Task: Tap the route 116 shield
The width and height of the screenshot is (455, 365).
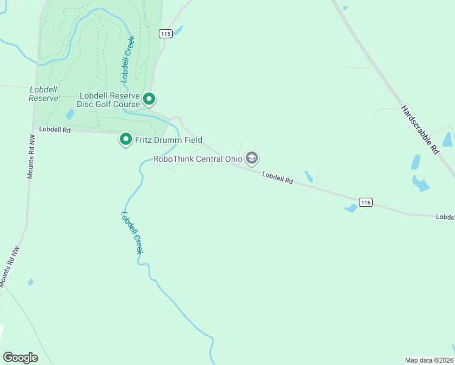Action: click(365, 203)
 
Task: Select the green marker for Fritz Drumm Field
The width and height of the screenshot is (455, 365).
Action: click(126, 140)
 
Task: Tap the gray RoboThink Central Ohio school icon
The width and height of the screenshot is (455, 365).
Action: click(252, 159)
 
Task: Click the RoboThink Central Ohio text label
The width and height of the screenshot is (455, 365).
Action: click(198, 159)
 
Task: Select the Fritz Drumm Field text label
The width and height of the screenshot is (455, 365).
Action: click(168, 140)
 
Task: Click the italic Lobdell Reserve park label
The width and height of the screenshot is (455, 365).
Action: click(44, 93)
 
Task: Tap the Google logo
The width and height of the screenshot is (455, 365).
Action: click(20, 358)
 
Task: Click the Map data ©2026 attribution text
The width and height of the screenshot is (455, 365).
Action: click(429, 360)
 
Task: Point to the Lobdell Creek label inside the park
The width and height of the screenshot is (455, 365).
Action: click(127, 59)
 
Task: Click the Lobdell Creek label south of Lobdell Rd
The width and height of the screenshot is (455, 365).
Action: click(133, 232)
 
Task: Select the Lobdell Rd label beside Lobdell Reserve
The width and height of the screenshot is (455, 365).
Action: click(55, 130)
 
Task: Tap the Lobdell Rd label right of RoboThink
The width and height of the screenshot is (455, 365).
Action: click(278, 178)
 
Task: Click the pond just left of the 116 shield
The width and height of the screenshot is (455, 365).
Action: click(350, 209)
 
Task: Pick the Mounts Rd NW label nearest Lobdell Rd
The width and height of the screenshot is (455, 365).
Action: click(30, 156)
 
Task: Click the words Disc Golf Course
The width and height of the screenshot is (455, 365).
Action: click(110, 105)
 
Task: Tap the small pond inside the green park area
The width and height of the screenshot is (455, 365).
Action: click(70, 114)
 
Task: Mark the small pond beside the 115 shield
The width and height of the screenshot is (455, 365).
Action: click(178, 30)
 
